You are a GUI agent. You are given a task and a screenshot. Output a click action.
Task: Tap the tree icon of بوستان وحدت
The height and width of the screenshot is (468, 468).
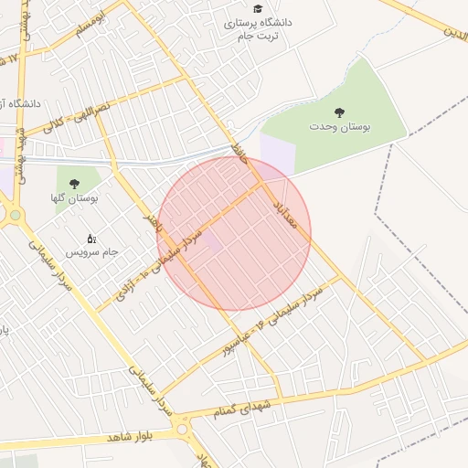[339, 112]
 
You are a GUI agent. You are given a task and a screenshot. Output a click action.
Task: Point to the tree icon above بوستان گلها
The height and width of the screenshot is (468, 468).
[74, 184]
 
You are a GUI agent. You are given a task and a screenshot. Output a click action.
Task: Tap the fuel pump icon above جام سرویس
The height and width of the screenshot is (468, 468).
[91, 238]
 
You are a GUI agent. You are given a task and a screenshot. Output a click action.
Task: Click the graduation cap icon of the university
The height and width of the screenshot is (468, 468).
[258, 8]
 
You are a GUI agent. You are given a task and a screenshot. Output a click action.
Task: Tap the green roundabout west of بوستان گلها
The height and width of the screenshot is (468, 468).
[16, 216]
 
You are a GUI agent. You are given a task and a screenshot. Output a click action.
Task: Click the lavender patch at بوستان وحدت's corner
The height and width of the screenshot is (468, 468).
[277, 153]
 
